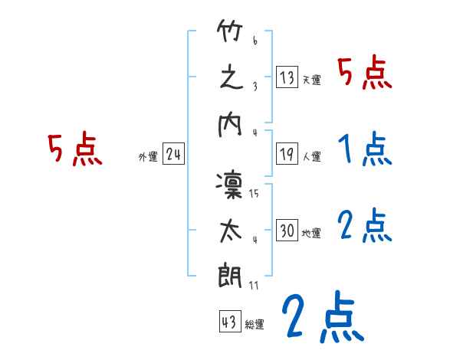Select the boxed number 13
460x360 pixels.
coord(287,77)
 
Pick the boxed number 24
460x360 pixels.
coord(173,155)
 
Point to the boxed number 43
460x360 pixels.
coord(228,322)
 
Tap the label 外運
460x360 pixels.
coord(148,157)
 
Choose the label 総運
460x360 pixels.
coord(254,325)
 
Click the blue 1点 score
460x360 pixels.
coord(364,149)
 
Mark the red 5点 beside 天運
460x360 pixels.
coord(364,73)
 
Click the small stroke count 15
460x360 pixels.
coord(253,193)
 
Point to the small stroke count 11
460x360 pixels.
coord(253,285)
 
